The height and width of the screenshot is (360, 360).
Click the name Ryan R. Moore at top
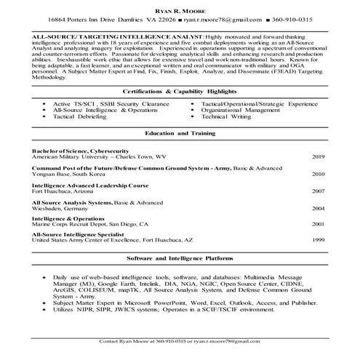tap(179, 7)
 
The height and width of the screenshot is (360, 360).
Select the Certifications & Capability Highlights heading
tap(180, 91)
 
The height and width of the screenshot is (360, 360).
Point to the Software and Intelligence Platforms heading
tap(180, 258)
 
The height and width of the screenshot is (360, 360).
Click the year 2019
tap(319, 156)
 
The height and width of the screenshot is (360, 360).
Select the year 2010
tap(319, 175)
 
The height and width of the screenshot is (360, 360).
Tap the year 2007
tap(319, 191)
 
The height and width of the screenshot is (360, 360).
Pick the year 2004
tap(319, 208)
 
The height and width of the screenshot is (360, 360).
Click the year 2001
tap(319, 225)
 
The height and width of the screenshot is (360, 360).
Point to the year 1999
tap(319, 240)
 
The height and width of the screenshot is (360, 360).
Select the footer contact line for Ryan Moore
tap(180, 340)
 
